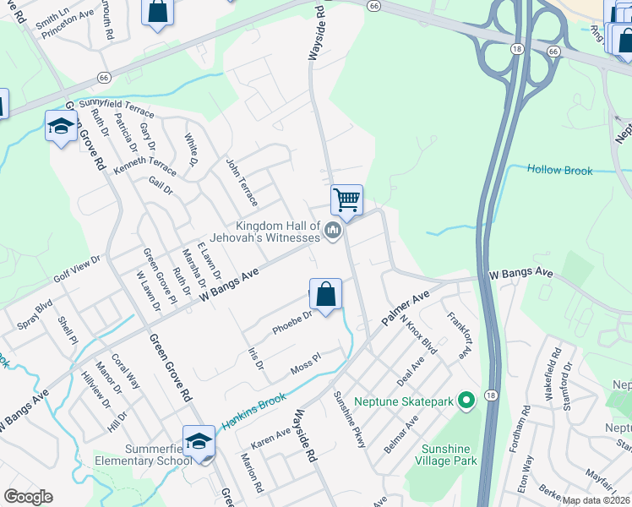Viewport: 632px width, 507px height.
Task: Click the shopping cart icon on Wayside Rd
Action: [346, 200]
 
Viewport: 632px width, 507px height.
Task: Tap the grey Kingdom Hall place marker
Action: [333, 230]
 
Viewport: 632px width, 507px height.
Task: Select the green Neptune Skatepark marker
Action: [465, 400]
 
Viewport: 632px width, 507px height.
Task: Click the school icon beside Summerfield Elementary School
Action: [199, 442]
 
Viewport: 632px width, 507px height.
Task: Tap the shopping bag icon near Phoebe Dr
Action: [325, 294]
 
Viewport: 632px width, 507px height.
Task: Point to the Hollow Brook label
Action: [560, 170]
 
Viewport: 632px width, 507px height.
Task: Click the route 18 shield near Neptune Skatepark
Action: [491, 395]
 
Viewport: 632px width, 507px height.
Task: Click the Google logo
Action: [28, 497]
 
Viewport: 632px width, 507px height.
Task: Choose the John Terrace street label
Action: [242, 182]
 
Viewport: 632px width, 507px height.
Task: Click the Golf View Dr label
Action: [77, 269]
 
